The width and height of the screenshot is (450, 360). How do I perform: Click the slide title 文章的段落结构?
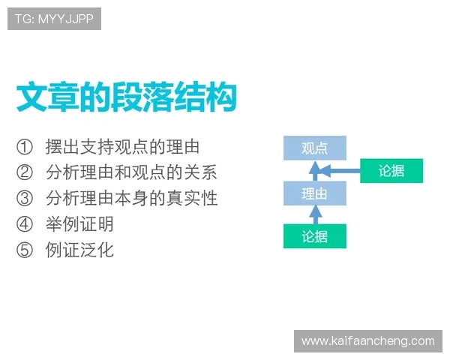click(127, 97)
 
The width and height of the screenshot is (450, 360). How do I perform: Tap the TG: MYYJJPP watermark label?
click(54, 19)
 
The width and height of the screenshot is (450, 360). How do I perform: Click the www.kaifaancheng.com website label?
click(368, 340)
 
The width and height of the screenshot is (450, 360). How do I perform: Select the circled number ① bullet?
click(25, 147)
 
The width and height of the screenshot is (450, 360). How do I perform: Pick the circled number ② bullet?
click(25, 172)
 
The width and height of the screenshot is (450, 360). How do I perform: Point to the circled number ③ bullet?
click(25, 198)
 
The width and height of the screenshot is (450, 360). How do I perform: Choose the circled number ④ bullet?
click(25, 223)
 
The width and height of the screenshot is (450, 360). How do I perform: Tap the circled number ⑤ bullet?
click(25, 249)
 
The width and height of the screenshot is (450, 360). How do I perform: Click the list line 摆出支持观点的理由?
click(121, 147)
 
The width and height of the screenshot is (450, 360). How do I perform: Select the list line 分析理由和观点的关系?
click(130, 172)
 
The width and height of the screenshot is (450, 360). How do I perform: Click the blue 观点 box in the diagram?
click(314, 148)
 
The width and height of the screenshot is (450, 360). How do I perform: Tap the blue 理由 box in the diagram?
click(314, 193)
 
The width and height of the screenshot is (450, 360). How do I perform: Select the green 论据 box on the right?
click(391, 171)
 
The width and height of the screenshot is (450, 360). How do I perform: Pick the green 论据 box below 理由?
click(314, 236)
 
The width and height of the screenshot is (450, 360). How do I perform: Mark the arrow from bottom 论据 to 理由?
click(315, 215)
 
